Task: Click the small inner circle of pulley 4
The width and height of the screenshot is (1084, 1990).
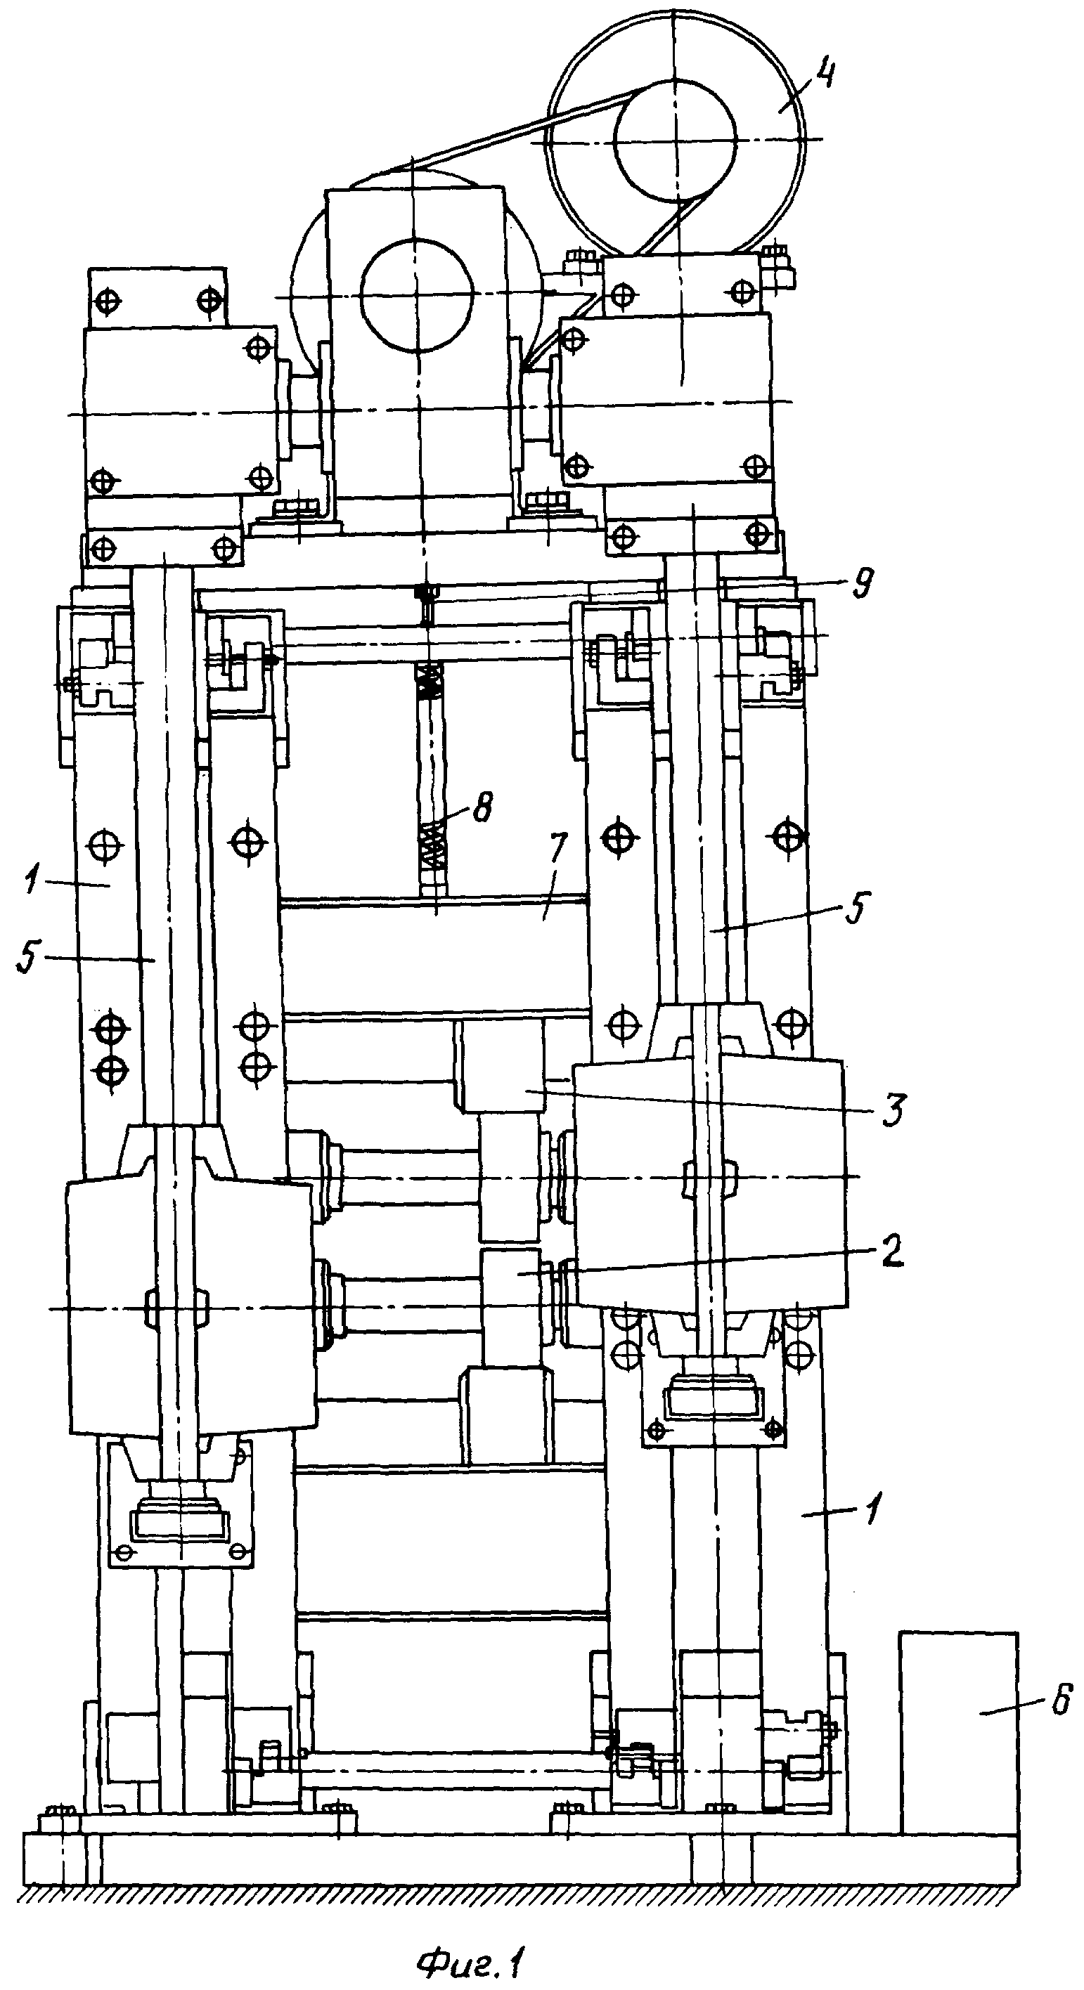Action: point(673,141)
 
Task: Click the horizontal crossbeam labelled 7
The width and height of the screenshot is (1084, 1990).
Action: point(432,956)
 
